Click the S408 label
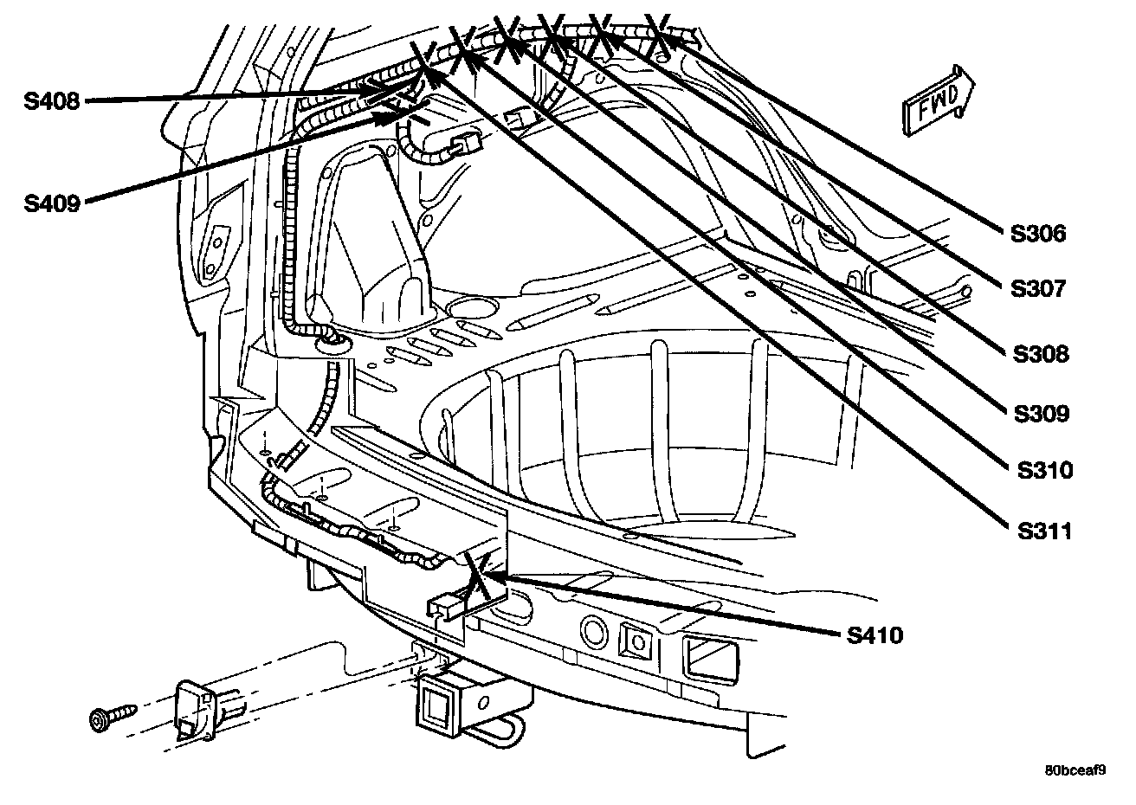tap(51, 101)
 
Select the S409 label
tap(51, 204)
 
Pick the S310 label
tap(1044, 470)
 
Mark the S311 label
tap(1044, 530)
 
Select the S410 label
tap(875, 635)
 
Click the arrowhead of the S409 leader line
tap(390, 116)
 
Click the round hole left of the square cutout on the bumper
tap(593, 631)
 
